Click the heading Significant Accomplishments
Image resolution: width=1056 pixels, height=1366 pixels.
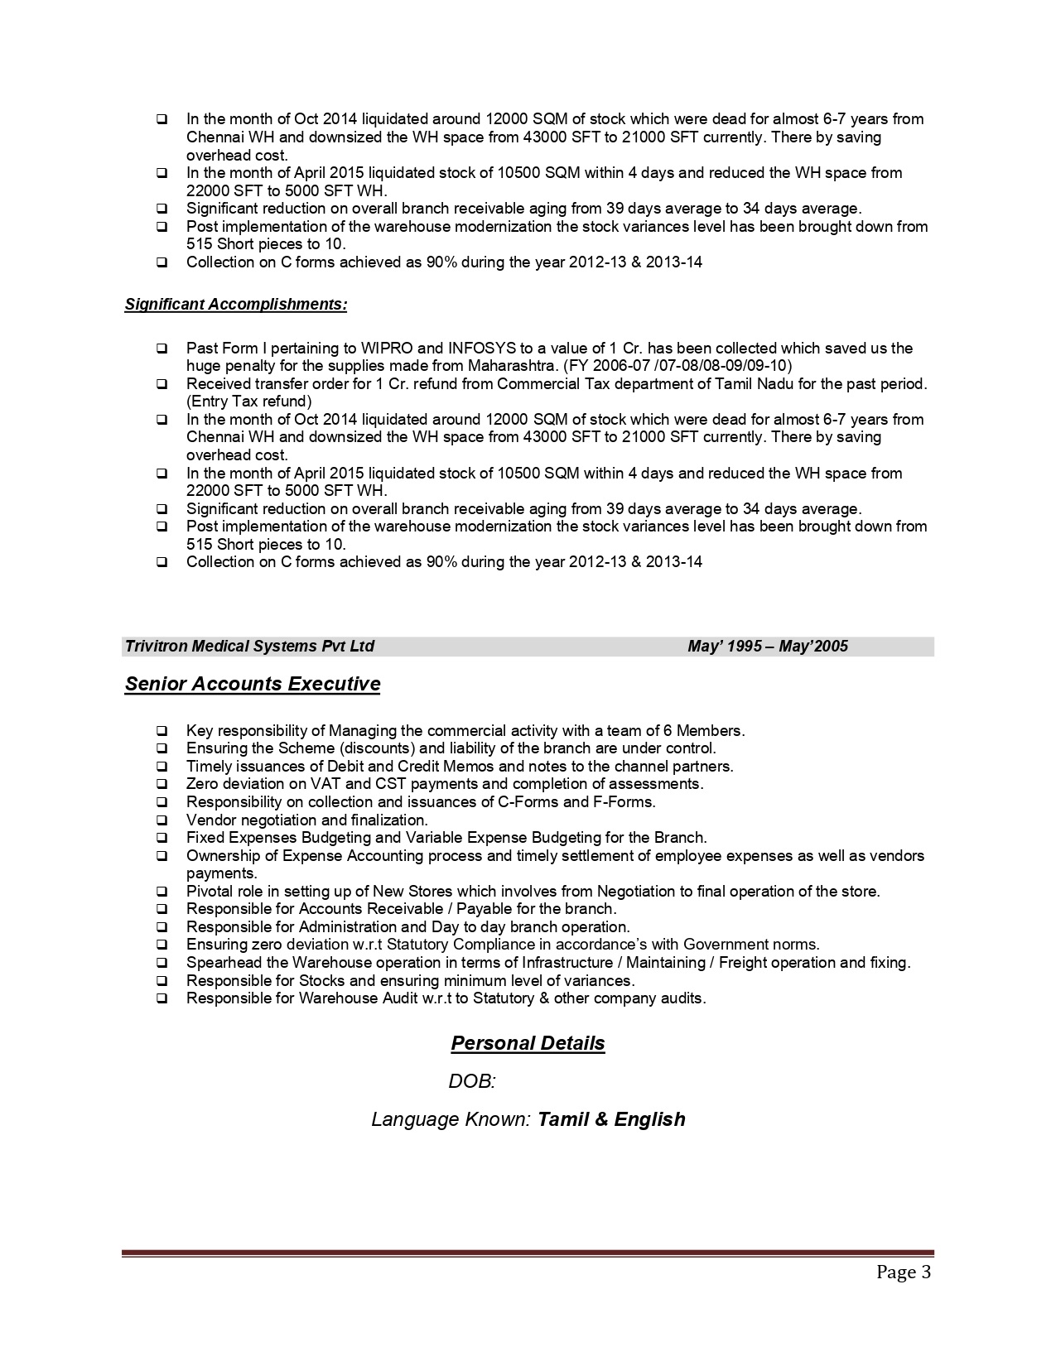click(x=236, y=305)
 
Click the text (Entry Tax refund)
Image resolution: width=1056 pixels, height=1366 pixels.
click(x=249, y=402)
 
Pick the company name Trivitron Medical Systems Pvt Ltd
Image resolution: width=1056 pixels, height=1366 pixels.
click(x=249, y=647)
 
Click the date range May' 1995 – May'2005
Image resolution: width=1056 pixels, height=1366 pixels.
click(x=768, y=647)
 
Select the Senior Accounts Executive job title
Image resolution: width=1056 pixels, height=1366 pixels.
click(x=253, y=685)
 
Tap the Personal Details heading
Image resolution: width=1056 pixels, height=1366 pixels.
click(x=528, y=1043)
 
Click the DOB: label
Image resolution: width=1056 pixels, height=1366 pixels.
click(x=471, y=1081)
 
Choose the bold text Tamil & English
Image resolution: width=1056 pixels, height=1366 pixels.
click(x=611, y=1119)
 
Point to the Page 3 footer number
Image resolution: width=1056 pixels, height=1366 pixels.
click(x=904, y=1272)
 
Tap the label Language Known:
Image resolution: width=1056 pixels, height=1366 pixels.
click(x=451, y=1119)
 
